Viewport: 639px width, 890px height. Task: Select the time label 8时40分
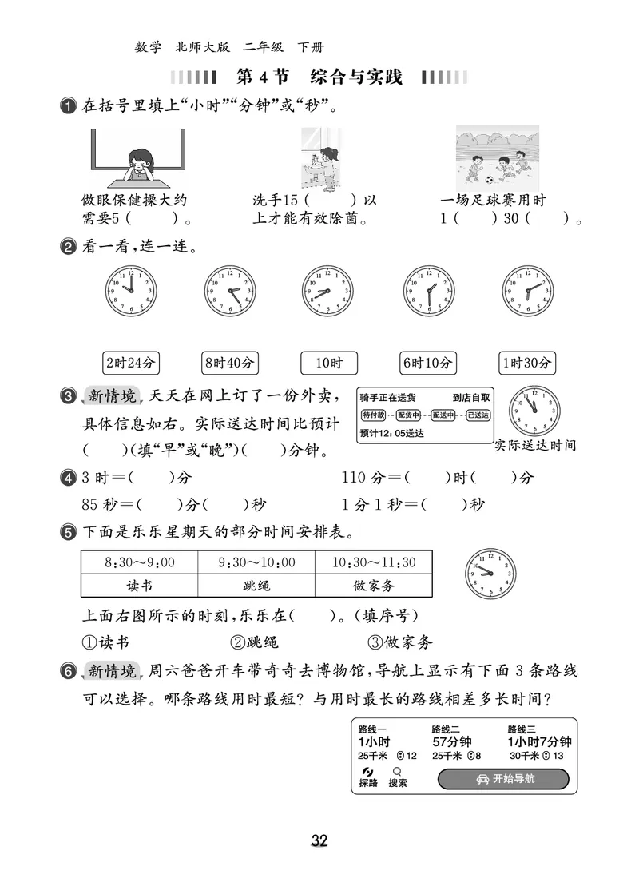(x=229, y=363)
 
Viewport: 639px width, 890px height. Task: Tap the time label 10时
(x=328, y=363)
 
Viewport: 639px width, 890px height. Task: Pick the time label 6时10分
(x=427, y=363)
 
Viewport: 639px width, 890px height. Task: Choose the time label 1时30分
(x=526, y=363)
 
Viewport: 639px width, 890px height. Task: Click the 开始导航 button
(x=503, y=779)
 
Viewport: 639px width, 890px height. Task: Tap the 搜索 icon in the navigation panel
(x=397, y=777)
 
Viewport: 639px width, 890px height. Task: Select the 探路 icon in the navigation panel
(x=367, y=777)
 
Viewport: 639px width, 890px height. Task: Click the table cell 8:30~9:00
(x=139, y=562)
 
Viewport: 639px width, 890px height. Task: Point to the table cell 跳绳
(x=256, y=586)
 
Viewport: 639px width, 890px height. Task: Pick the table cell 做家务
(x=374, y=586)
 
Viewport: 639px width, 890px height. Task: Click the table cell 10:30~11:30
(x=374, y=562)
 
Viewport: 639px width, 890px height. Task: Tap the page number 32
(x=319, y=840)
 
